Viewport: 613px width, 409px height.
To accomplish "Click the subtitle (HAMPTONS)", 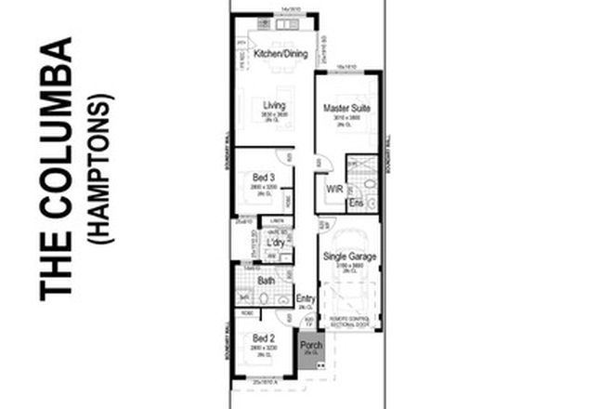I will click(x=103, y=168).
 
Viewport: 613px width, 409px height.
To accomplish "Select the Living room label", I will click(x=274, y=105).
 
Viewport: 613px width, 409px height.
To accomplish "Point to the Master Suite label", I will click(x=347, y=109).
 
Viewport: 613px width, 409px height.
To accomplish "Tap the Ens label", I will click(x=354, y=202).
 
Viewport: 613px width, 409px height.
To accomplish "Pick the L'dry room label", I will click(x=275, y=244).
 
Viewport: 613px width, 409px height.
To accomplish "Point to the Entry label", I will click(x=306, y=298).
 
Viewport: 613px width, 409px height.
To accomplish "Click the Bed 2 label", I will click(x=263, y=337).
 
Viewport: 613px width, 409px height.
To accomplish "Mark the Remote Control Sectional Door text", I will click(x=348, y=321).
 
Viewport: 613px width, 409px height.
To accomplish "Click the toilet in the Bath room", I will click(x=263, y=299).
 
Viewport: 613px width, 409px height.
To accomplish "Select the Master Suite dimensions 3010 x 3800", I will click(x=347, y=118).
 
